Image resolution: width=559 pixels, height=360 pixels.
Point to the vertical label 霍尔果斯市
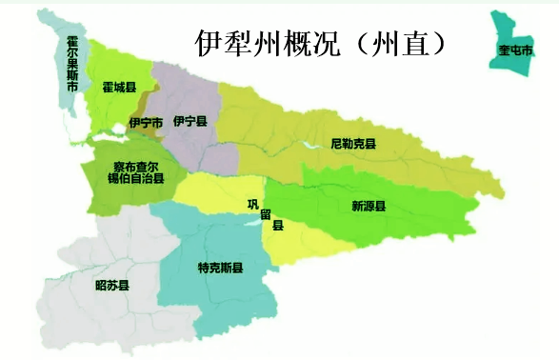click(x=72, y=65)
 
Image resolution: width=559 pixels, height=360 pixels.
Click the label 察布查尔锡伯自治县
click(x=130, y=170)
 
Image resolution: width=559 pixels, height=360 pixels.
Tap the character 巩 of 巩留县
click(x=252, y=203)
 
